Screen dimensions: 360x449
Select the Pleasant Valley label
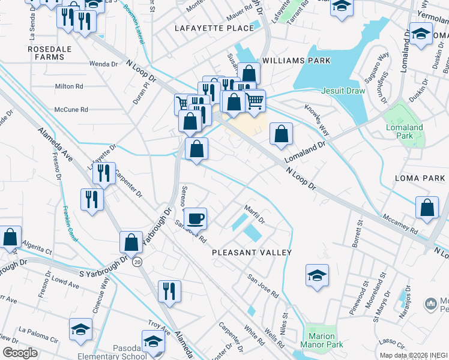pyautogui.click(x=252, y=253)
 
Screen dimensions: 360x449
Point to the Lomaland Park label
pyautogui.click(x=405, y=131)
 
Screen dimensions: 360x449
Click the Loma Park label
pyautogui.click(x=420, y=178)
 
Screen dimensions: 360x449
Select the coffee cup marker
pyautogui.click(x=194, y=218)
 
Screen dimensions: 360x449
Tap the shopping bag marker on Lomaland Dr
pyautogui.click(x=281, y=134)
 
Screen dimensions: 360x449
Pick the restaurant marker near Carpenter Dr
pyautogui.click(x=104, y=173)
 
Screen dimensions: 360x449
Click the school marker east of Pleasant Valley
pyautogui.click(x=317, y=275)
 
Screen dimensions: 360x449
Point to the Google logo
pyautogui.click(x=20, y=353)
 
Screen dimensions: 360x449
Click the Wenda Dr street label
pyautogui.click(x=103, y=64)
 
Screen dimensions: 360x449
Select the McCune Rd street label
pyautogui.click(x=71, y=110)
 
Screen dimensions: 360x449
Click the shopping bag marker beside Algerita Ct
pyautogui.click(x=10, y=238)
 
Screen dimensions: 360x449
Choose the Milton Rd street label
pyautogui.click(x=68, y=86)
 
